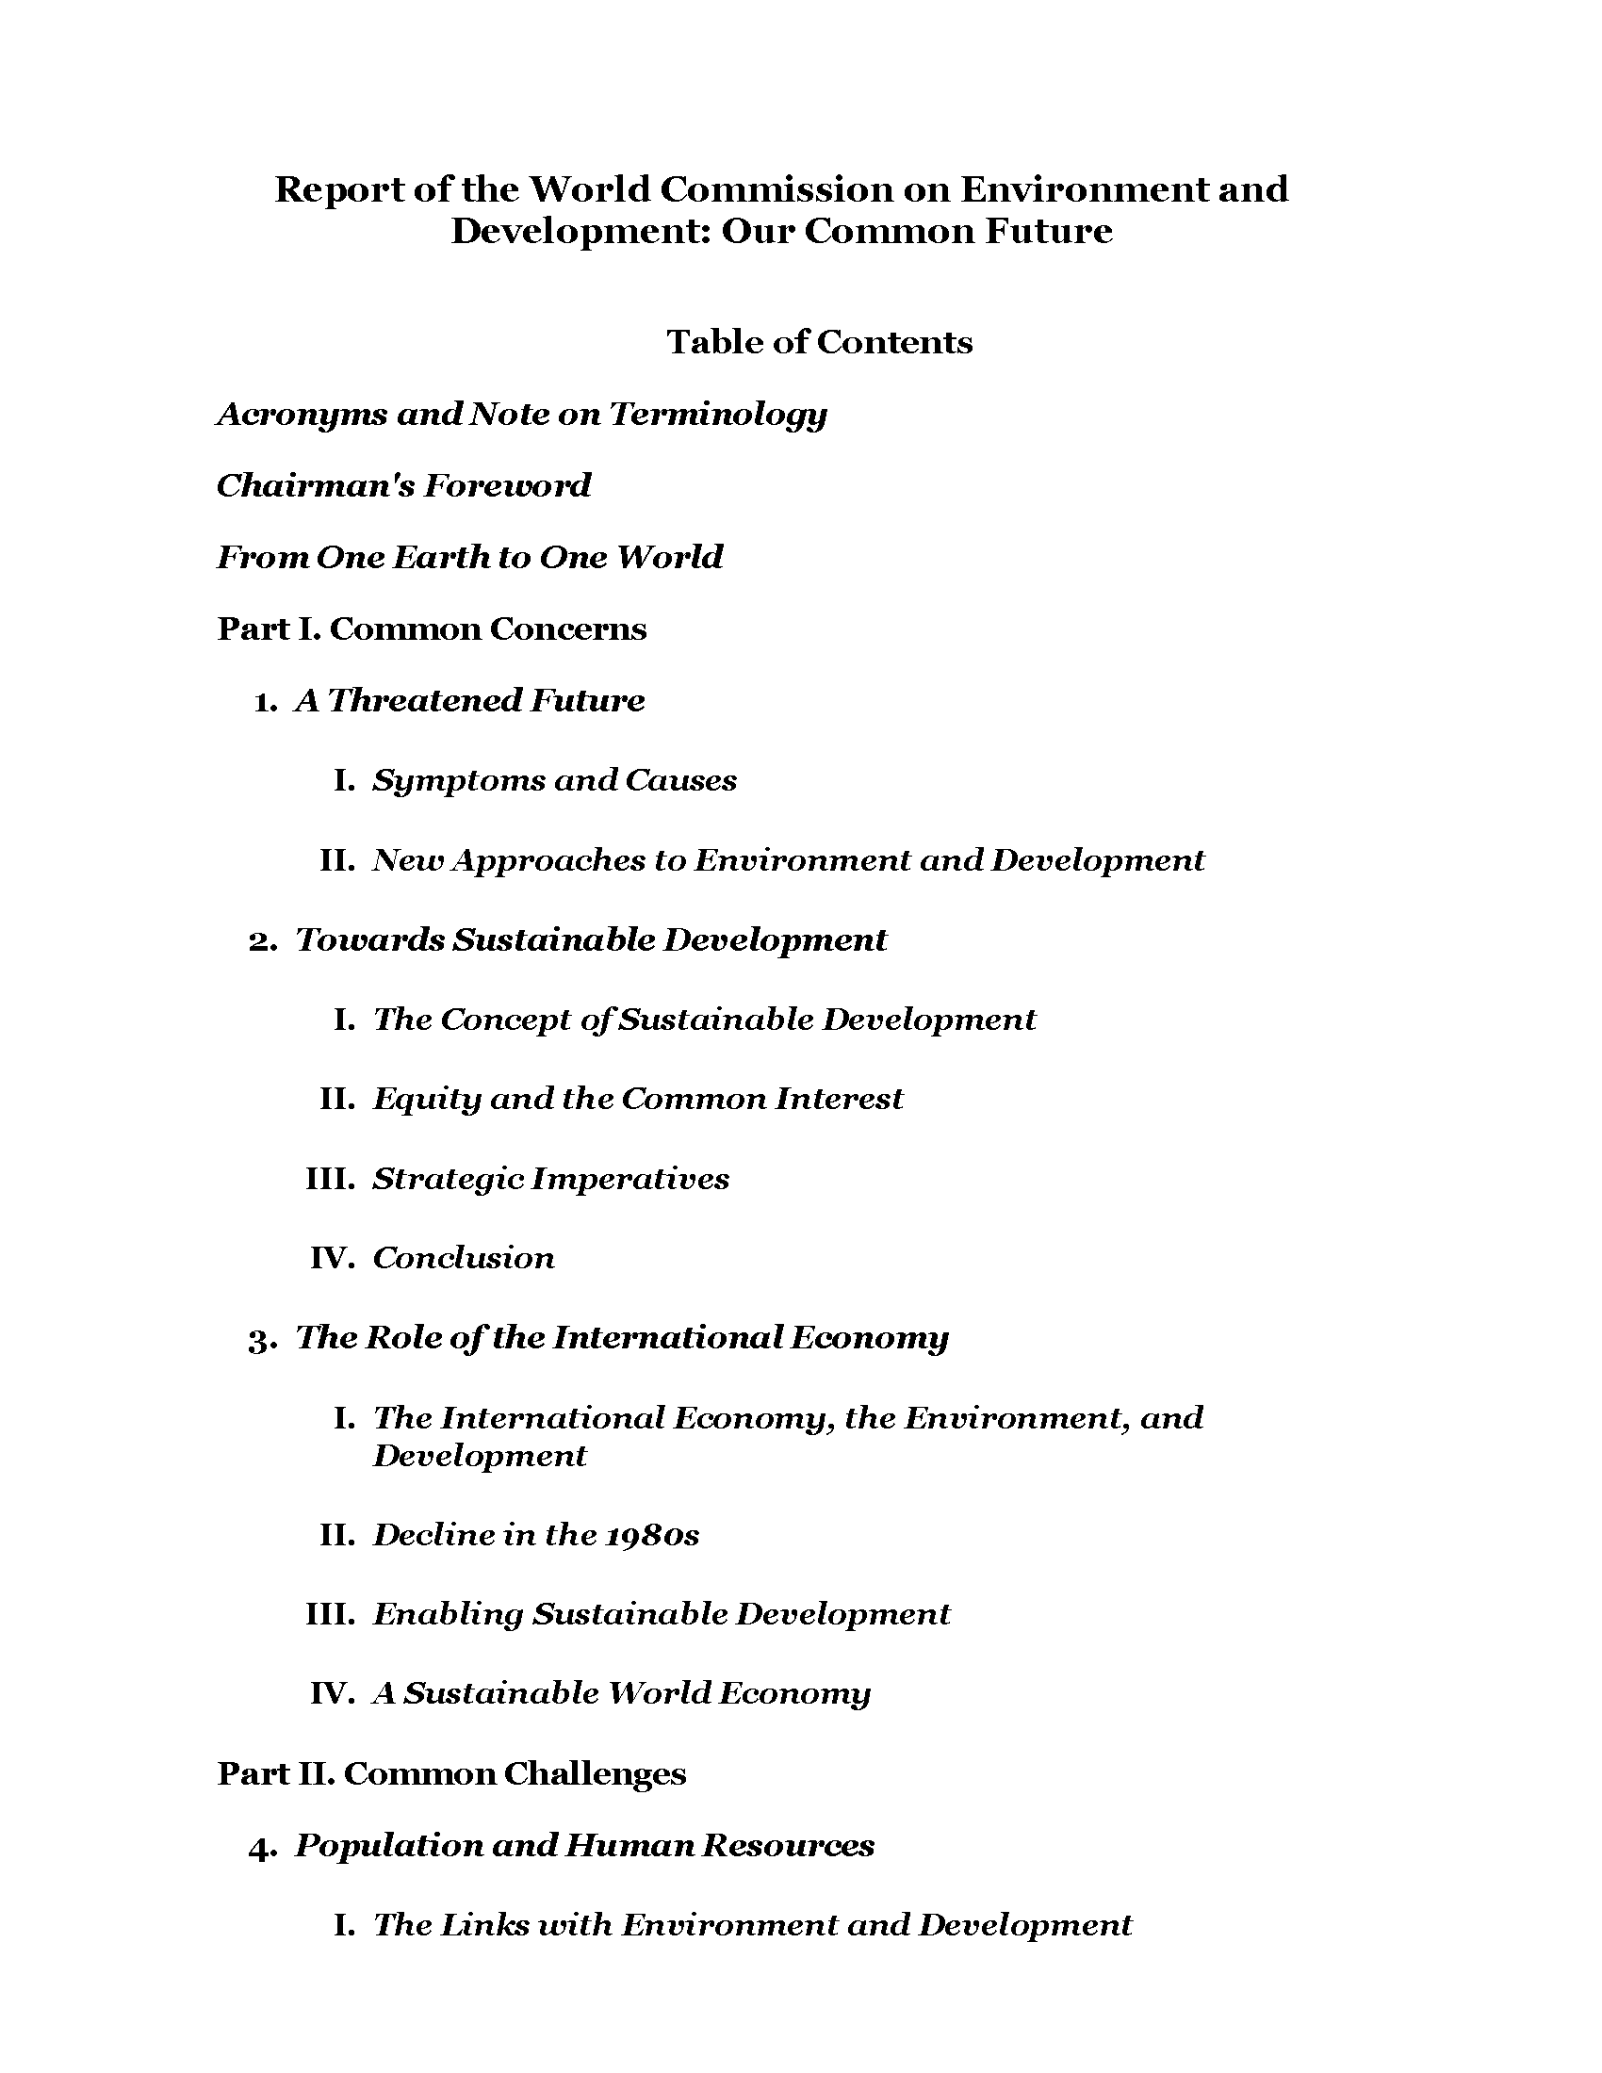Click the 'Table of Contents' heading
819,342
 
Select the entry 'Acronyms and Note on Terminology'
522,414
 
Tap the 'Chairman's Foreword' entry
403,486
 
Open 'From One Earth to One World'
470,557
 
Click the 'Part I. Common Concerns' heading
432,628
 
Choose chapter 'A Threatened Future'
470,700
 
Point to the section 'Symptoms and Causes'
554,780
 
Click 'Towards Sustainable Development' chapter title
590,939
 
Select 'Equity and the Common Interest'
637,1099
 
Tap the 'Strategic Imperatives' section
550,1179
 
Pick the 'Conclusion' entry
463,1258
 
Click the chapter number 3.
261,1339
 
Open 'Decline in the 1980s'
535,1535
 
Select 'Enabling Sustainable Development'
661,1614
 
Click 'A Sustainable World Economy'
621,1694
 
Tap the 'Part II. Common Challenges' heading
451,1773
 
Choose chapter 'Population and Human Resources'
584,1845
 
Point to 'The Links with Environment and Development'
753,1925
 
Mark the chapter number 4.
261,1848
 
